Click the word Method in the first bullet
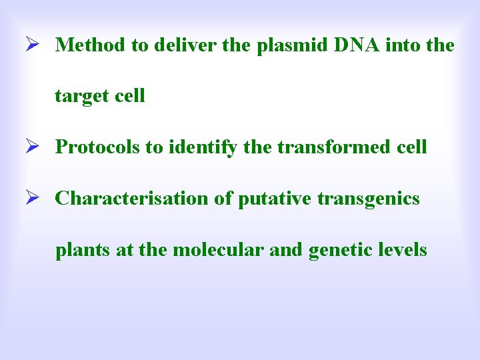click(90, 45)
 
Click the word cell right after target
click(130, 96)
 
